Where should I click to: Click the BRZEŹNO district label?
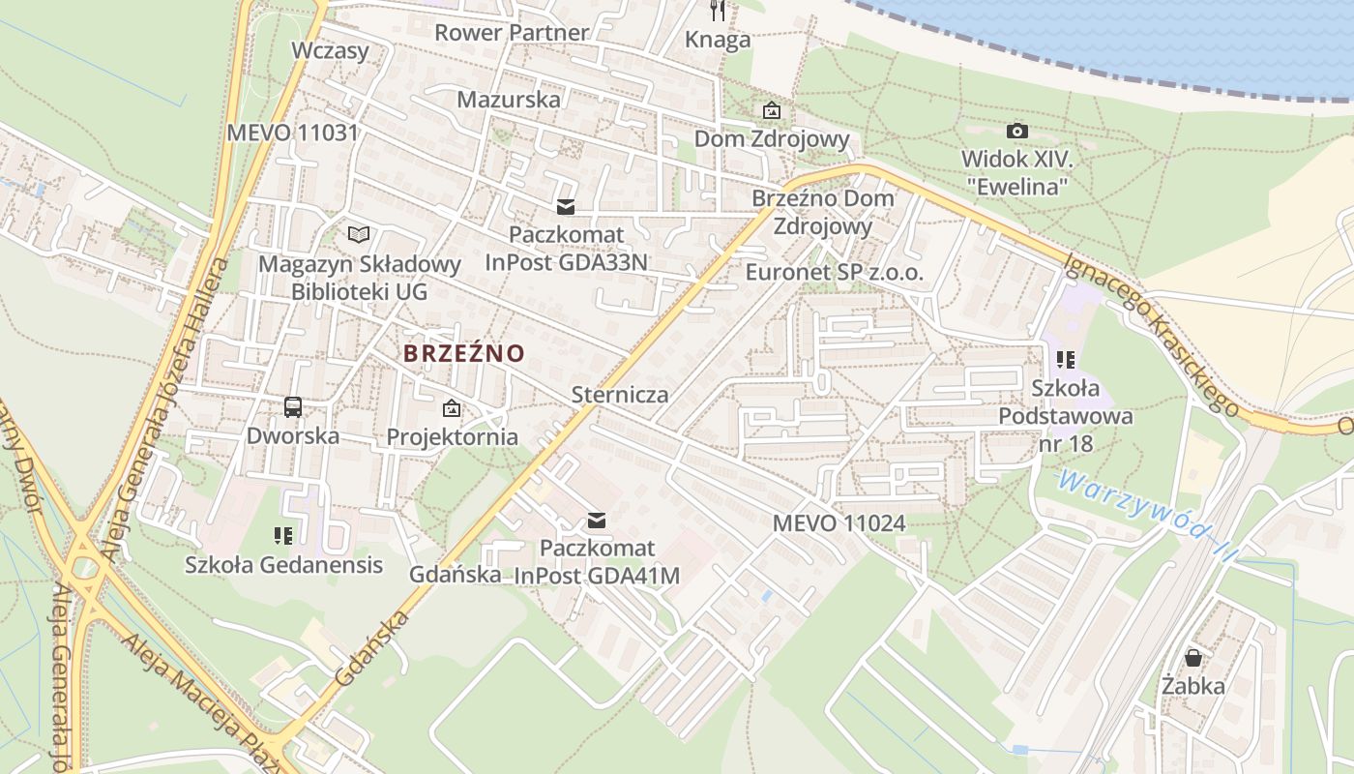tap(463, 353)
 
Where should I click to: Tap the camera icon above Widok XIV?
tap(1016, 131)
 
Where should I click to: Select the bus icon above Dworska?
tap(293, 407)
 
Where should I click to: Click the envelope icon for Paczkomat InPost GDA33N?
tap(566, 207)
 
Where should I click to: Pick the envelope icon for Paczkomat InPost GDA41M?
tap(597, 521)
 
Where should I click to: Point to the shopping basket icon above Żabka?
tap(1193, 658)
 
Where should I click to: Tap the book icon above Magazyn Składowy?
tap(359, 234)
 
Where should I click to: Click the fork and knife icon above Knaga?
tap(718, 11)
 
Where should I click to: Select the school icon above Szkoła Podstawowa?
tap(1066, 360)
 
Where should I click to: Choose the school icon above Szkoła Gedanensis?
tap(283, 535)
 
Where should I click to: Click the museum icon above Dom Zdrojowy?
tap(771, 110)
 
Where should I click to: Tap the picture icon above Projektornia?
tap(452, 408)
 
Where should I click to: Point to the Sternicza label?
tap(620, 395)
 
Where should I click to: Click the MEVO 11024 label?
tap(839, 523)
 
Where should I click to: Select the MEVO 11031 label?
tap(292, 133)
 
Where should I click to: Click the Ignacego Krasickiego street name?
tap(1151, 334)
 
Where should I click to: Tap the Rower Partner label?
tap(511, 32)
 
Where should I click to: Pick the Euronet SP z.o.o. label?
tap(834, 272)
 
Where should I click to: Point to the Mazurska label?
tap(509, 99)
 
